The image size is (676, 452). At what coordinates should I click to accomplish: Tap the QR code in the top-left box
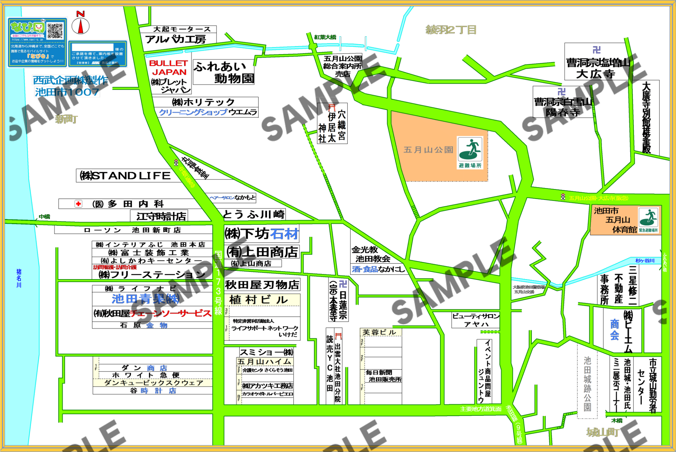[55, 31]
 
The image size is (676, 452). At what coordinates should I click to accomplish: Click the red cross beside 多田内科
[78, 204]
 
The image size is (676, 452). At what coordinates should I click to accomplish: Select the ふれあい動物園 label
[224, 72]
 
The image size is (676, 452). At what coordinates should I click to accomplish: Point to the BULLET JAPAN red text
[169, 67]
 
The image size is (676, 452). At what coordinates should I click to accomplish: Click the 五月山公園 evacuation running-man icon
[470, 150]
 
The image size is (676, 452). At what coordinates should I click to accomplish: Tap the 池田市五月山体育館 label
[615, 220]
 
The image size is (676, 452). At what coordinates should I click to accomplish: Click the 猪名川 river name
[19, 278]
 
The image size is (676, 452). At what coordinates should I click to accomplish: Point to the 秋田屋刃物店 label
[262, 284]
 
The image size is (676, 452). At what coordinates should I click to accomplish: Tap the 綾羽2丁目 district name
[451, 30]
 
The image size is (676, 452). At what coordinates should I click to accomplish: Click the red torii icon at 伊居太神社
[332, 108]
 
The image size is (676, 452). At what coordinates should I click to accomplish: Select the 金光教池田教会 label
[371, 254]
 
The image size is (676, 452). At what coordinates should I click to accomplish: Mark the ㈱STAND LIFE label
[126, 176]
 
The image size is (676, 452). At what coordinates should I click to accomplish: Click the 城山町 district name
[602, 432]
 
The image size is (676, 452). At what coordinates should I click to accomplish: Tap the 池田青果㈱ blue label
[145, 299]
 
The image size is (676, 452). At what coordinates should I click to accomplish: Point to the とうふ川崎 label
[253, 214]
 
